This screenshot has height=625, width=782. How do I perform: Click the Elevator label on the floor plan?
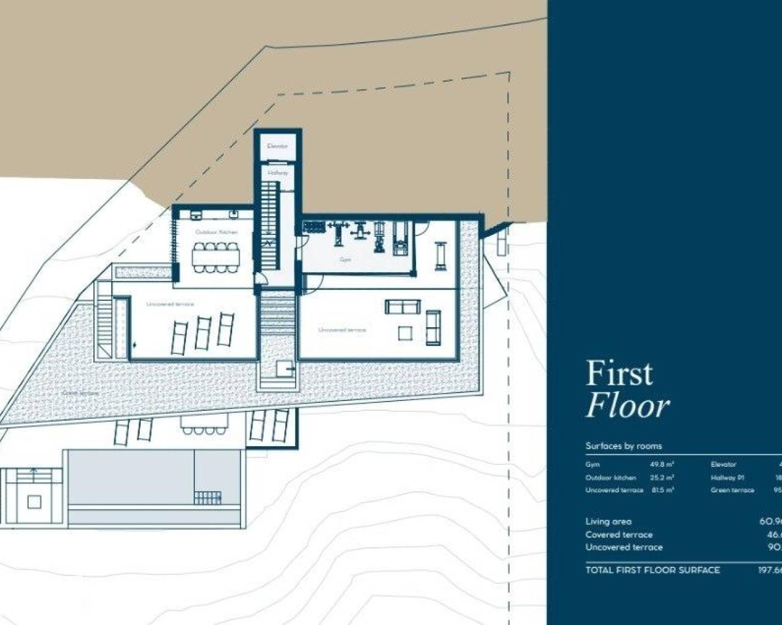[277, 146]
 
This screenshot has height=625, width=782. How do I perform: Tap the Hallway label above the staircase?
[277, 173]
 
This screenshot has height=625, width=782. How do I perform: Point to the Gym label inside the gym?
[346, 260]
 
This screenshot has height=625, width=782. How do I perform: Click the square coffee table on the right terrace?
[405, 333]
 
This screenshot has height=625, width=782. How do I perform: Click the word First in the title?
[619, 374]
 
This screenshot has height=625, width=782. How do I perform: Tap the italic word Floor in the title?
[627, 406]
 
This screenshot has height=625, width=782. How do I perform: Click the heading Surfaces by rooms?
[623, 446]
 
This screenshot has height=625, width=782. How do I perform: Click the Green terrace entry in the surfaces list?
[732, 490]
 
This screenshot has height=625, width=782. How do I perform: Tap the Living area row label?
[608, 521]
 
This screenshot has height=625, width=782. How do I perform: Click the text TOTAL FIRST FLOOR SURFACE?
[652, 570]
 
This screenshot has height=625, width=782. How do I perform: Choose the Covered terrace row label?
[618, 535]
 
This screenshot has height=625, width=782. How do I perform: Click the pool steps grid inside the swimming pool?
[207, 497]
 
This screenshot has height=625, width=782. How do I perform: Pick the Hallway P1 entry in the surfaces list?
[727, 477]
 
